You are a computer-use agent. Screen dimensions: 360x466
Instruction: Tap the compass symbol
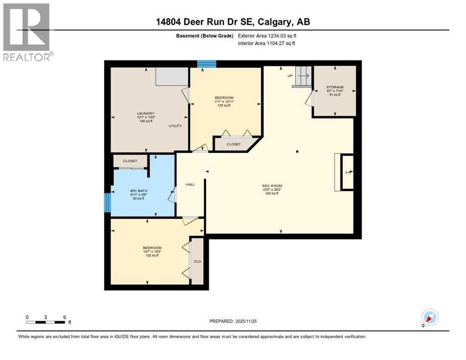point(429,317)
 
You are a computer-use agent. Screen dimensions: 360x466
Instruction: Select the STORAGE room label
point(335,87)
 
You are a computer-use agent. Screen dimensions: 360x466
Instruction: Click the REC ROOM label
point(272,186)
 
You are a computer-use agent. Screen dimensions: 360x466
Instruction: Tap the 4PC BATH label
point(137,191)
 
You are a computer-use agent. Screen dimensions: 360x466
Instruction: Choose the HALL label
point(190,184)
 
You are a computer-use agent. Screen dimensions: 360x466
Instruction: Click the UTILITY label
point(175,126)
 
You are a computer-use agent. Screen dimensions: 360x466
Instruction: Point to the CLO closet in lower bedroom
point(197,261)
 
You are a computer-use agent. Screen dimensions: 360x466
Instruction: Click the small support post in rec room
point(297,151)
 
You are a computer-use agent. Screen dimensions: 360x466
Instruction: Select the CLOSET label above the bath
point(130,161)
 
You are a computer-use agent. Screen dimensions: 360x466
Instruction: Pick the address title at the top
point(233,22)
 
